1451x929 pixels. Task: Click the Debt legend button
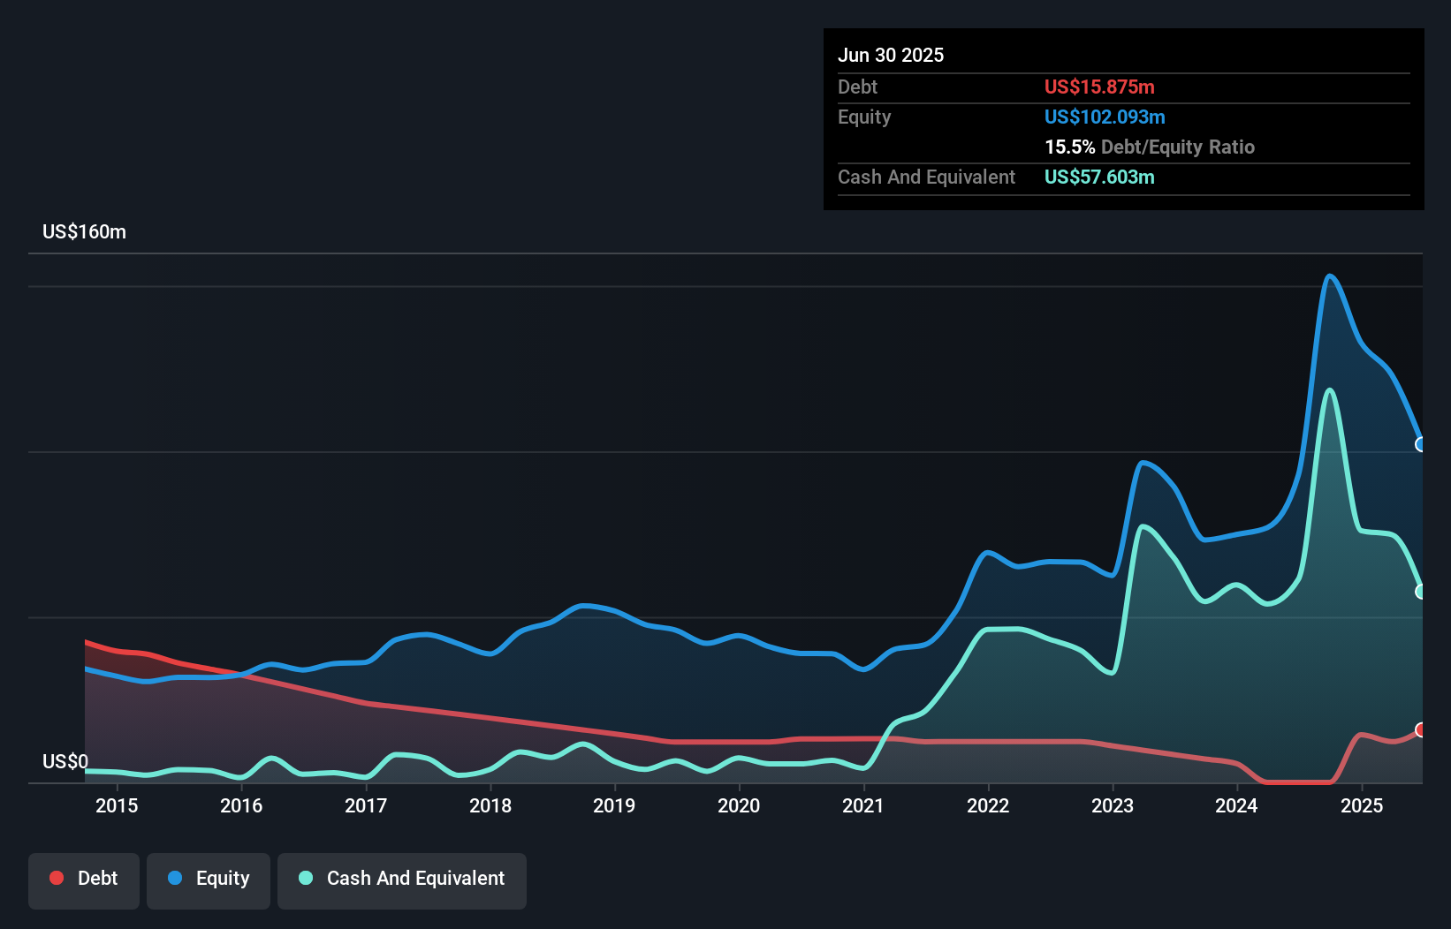tap(83, 879)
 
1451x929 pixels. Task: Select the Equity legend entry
tap(209, 879)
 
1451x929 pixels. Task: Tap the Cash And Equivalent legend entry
tap(402, 879)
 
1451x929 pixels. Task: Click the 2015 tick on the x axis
tap(117, 805)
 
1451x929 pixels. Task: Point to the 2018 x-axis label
tap(490, 805)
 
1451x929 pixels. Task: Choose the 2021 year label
tap(863, 805)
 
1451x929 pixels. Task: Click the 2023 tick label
tap(1113, 805)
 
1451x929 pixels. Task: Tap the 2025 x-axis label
tap(1362, 805)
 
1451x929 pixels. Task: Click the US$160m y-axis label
tap(85, 232)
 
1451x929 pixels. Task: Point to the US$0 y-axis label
tap(65, 761)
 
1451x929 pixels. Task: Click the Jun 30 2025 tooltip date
tap(891, 56)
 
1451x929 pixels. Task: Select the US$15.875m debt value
tap(1099, 87)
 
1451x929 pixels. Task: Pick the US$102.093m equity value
tap(1105, 117)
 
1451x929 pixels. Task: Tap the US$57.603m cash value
tap(1099, 177)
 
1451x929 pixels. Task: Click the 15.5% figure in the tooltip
tap(1069, 147)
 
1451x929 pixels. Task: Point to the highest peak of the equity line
tap(1329, 276)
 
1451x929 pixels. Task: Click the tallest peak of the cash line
tap(1329, 390)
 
